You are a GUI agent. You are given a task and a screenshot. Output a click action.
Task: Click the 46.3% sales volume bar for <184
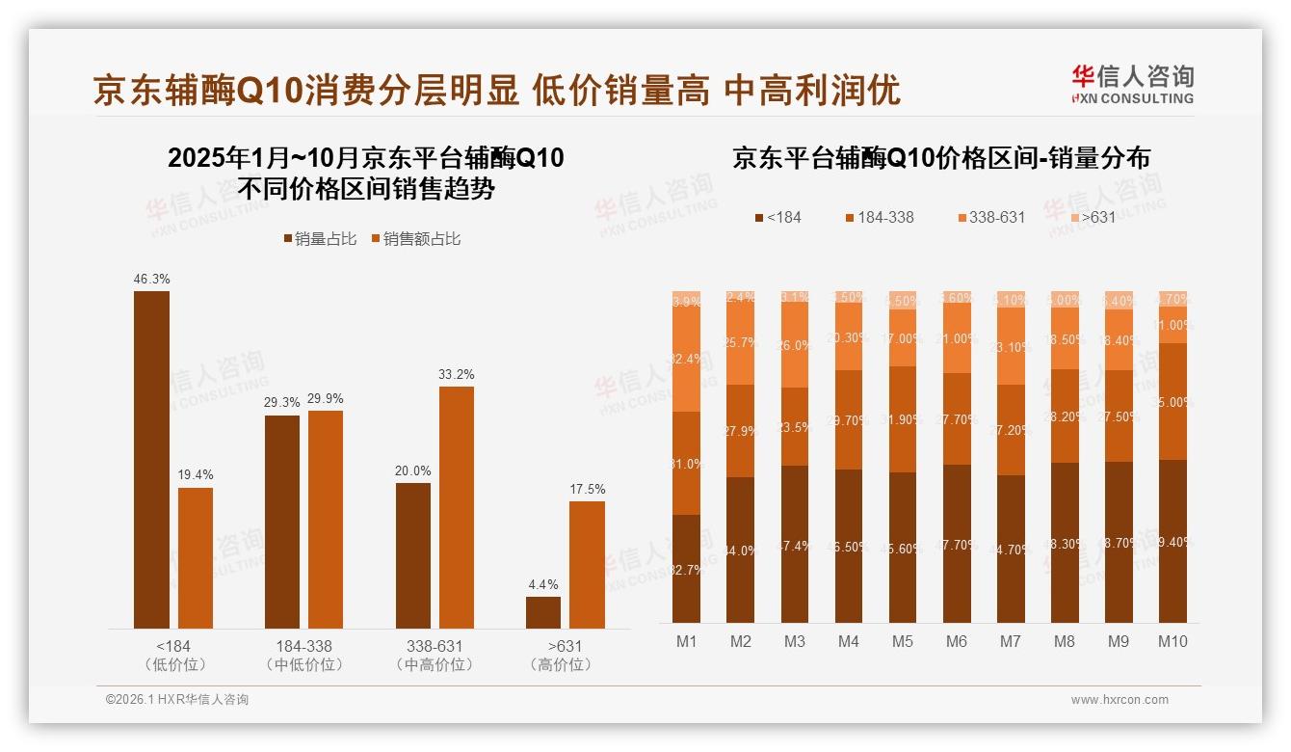[151, 460]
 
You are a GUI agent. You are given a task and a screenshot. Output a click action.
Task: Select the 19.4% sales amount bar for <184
[196, 558]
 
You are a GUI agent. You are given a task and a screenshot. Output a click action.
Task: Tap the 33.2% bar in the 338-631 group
[457, 507]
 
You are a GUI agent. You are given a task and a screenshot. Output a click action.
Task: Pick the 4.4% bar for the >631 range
[543, 612]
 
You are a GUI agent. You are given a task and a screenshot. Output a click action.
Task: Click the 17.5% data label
[587, 490]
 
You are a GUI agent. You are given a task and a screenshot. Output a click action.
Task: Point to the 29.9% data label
[326, 399]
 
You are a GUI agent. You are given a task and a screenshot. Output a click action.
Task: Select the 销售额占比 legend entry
[415, 238]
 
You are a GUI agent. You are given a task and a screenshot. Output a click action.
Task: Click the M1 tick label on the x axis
[687, 642]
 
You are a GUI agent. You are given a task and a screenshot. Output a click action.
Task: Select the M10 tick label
[1172, 642]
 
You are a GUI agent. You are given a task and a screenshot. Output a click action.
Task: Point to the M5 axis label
[903, 642]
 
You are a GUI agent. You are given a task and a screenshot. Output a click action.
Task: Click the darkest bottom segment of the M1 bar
[687, 569]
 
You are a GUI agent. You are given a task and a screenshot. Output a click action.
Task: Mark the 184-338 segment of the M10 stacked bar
[1172, 402]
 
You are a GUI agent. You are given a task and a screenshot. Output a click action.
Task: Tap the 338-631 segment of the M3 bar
[795, 345]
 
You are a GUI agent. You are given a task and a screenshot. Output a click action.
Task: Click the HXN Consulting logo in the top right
[1132, 84]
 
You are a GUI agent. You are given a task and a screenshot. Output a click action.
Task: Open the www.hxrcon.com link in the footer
[1120, 700]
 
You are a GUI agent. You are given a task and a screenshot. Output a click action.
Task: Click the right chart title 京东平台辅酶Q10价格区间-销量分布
[941, 158]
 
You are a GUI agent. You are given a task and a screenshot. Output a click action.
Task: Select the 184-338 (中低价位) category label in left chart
[303, 655]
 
